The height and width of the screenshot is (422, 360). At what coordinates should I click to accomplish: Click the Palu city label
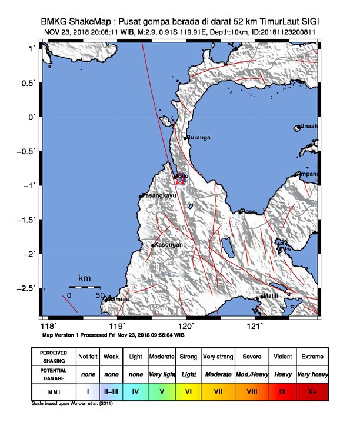pos(182,176)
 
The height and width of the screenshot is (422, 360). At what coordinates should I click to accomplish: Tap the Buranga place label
pos(198,138)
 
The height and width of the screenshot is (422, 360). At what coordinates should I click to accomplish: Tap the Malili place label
pos(270,296)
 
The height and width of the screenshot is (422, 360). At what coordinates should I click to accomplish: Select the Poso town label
pos(249,211)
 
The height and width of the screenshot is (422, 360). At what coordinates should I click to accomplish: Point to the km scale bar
pos(84,287)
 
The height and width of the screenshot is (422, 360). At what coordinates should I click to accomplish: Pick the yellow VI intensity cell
pos(188,391)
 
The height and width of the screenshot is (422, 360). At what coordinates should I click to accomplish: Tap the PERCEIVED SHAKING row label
pos(54,357)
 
